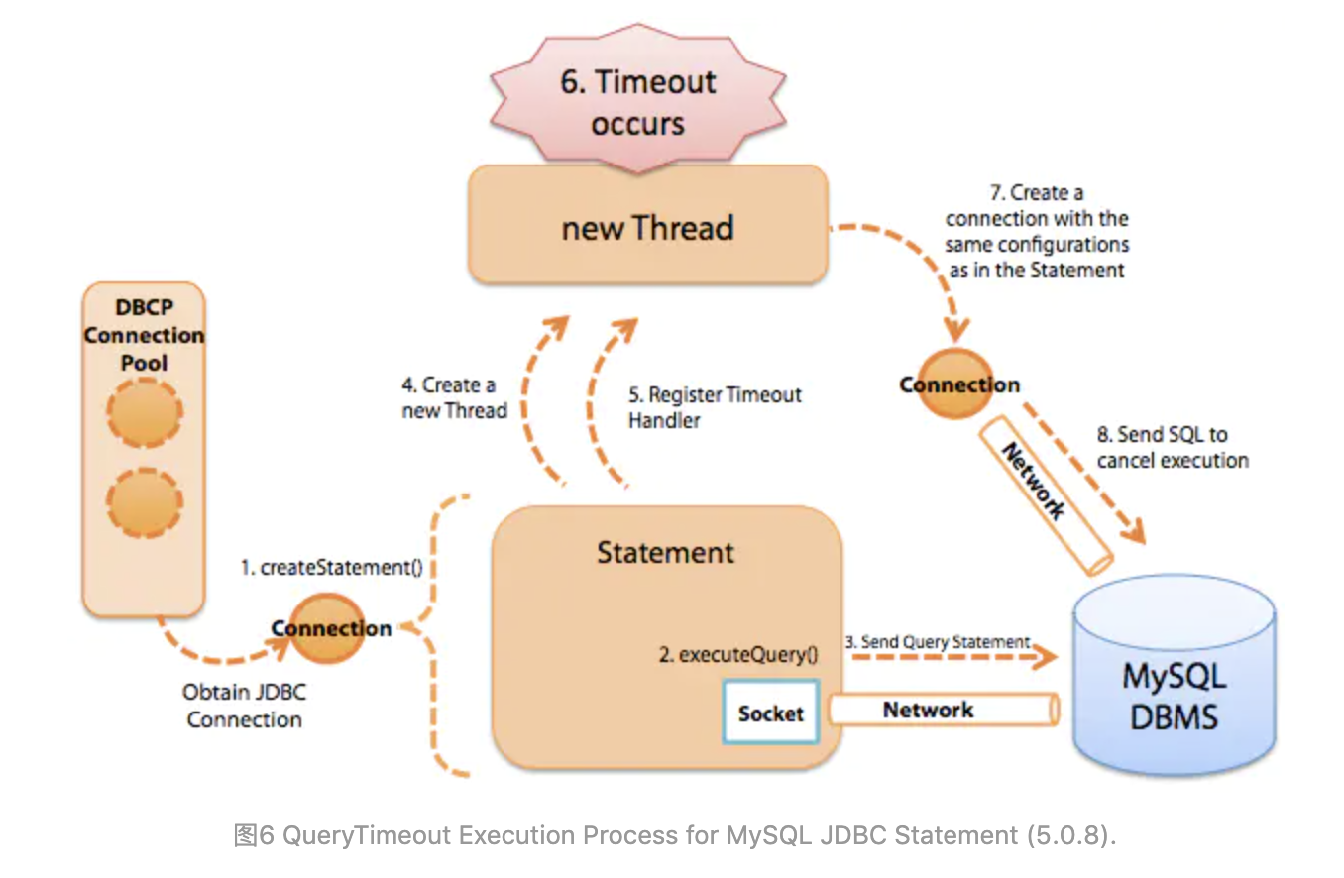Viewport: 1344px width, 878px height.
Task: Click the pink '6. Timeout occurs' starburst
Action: [x=637, y=102]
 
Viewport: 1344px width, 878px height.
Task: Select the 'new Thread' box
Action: [x=647, y=227]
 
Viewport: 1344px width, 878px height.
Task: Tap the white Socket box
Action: [x=770, y=712]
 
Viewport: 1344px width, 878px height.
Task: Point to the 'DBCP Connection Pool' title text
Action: [x=144, y=335]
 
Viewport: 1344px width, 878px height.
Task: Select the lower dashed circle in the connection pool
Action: [x=145, y=503]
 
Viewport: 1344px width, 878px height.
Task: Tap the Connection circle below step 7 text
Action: [x=958, y=384]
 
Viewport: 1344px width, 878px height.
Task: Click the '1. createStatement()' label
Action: [x=332, y=568]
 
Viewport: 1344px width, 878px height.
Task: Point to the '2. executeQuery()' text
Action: [x=739, y=654]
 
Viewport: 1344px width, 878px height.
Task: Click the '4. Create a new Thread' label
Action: [x=455, y=397]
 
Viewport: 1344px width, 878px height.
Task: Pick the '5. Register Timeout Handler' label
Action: [x=714, y=407]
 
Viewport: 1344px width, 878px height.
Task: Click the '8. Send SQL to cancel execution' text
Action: [x=1172, y=447]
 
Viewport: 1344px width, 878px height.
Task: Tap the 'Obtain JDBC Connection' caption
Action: [x=244, y=706]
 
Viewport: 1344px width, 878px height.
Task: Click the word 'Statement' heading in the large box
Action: [x=665, y=552]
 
